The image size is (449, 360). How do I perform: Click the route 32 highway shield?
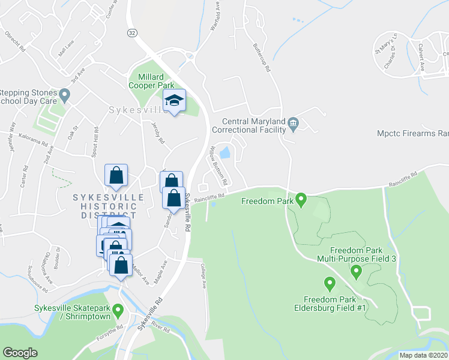click(x=131, y=31)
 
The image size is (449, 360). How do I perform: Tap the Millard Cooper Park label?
click(x=151, y=81)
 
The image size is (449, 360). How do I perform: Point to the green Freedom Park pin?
click(x=301, y=199)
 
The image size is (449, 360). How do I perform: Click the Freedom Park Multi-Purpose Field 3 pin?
click(x=356, y=272)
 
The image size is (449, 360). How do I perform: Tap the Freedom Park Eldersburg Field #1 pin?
click(x=329, y=283)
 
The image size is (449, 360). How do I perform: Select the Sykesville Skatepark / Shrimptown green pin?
click(x=118, y=310)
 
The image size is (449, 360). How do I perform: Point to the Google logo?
click(x=20, y=352)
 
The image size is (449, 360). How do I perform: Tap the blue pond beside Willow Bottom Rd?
click(x=225, y=152)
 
